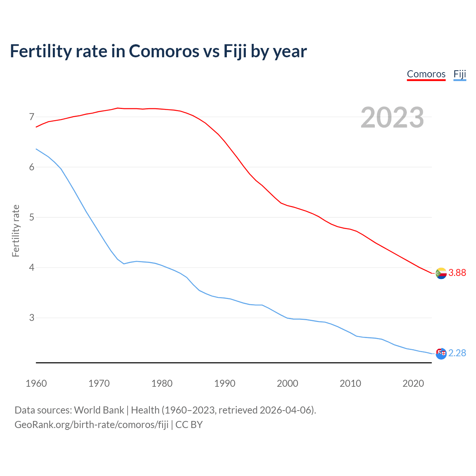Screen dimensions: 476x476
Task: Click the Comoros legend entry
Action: pos(426,74)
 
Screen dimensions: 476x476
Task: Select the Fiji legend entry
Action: pos(460,74)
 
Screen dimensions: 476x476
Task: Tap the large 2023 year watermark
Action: pos(392,118)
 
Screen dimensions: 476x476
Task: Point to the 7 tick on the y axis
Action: pos(32,117)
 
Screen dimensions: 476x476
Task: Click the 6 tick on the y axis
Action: pos(32,167)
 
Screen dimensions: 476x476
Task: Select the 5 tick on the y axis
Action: pos(32,217)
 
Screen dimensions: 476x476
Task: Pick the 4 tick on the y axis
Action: pos(32,267)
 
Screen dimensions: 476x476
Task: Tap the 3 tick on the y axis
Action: pos(32,318)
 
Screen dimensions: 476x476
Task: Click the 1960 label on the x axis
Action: pos(36,383)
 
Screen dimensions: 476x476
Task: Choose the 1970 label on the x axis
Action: pos(99,383)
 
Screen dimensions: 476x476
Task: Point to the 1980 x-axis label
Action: pos(162,383)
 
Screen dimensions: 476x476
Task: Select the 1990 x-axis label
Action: pos(225,383)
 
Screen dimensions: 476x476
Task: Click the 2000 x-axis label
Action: pos(287,383)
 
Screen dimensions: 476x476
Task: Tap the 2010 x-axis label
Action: pos(350,383)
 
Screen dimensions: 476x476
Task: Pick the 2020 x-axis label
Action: pos(413,383)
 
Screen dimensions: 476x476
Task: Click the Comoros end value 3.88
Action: pos(457,273)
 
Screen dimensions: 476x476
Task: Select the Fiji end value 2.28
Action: pos(457,353)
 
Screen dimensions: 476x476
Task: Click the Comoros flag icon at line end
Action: pos(441,273)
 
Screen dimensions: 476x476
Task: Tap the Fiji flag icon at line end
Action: pos(441,354)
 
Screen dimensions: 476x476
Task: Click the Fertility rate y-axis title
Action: pos(16,231)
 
